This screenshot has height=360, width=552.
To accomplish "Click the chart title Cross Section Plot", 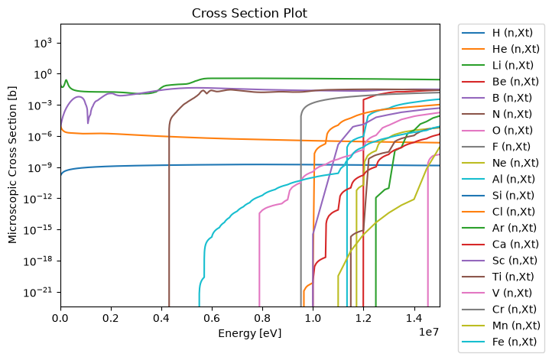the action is pyautogui.click(x=249, y=13).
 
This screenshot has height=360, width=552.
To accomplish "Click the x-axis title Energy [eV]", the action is pyautogui.click(x=249, y=333).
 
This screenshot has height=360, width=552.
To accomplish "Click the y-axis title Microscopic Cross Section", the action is pyautogui.click(x=12, y=165).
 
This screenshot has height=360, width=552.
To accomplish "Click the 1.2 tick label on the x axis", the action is pyautogui.click(x=363, y=318).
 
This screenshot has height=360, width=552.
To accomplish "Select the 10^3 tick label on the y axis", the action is pyautogui.click(x=42, y=43).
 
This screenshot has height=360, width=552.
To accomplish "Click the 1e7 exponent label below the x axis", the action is pyautogui.click(x=429, y=332).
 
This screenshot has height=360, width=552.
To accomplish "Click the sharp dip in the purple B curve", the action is pyautogui.click(x=88, y=122).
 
